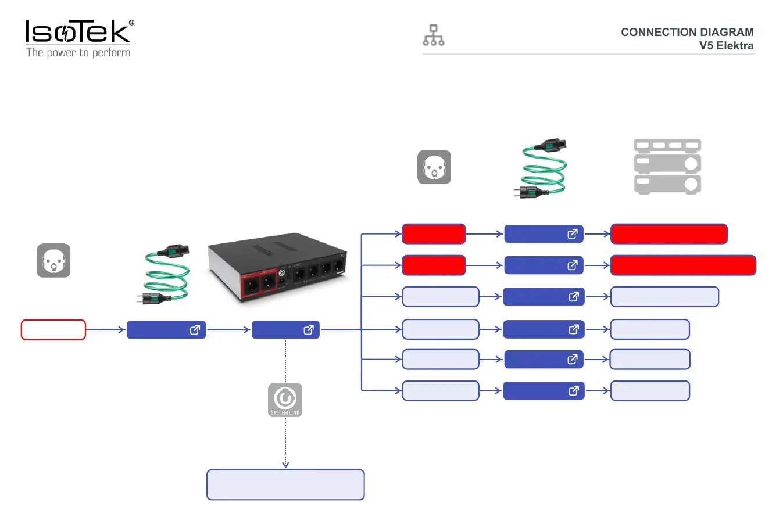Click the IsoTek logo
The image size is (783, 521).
point(77,32)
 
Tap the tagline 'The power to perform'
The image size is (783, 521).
point(78,53)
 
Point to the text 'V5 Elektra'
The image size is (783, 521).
point(726,46)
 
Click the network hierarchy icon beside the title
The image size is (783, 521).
point(434,35)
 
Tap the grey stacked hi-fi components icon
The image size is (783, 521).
point(667,166)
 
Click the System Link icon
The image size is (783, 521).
point(285,400)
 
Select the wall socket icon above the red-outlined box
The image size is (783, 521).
point(53,260)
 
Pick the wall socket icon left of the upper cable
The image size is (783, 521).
point(434,167)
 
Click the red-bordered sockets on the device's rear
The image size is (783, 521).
point(260,283)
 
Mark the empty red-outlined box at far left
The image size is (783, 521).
point(53,330)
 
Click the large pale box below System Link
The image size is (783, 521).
point(285,485)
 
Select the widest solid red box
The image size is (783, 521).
point(683,265)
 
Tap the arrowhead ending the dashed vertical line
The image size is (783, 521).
point(285,465)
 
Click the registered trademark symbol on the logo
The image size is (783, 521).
point(131,23)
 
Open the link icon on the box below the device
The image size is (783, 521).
point(309,330)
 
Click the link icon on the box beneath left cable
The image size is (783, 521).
point(195,330)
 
